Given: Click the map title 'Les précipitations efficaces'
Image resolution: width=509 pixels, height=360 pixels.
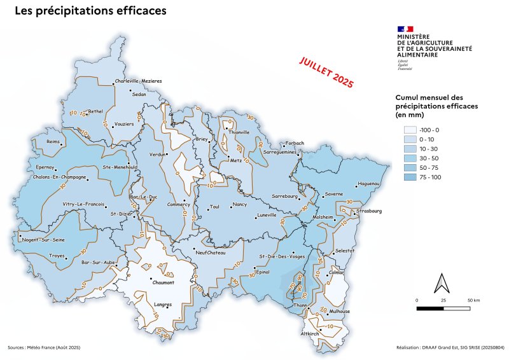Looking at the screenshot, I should [90, 11].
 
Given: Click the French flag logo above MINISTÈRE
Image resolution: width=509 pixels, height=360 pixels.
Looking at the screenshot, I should [405, 29].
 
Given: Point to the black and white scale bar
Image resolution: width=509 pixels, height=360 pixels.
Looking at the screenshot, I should [443, 308].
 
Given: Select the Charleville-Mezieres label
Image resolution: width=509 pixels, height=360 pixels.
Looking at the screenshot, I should [138, 81].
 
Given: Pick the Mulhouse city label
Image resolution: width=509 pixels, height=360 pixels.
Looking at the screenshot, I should [338, 312].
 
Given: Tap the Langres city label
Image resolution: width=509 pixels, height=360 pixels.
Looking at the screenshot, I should [163, 305].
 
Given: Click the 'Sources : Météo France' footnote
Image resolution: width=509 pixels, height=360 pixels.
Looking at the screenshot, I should [44, 348].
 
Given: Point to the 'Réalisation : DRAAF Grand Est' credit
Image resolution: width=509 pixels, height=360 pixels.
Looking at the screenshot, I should [449, 348].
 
